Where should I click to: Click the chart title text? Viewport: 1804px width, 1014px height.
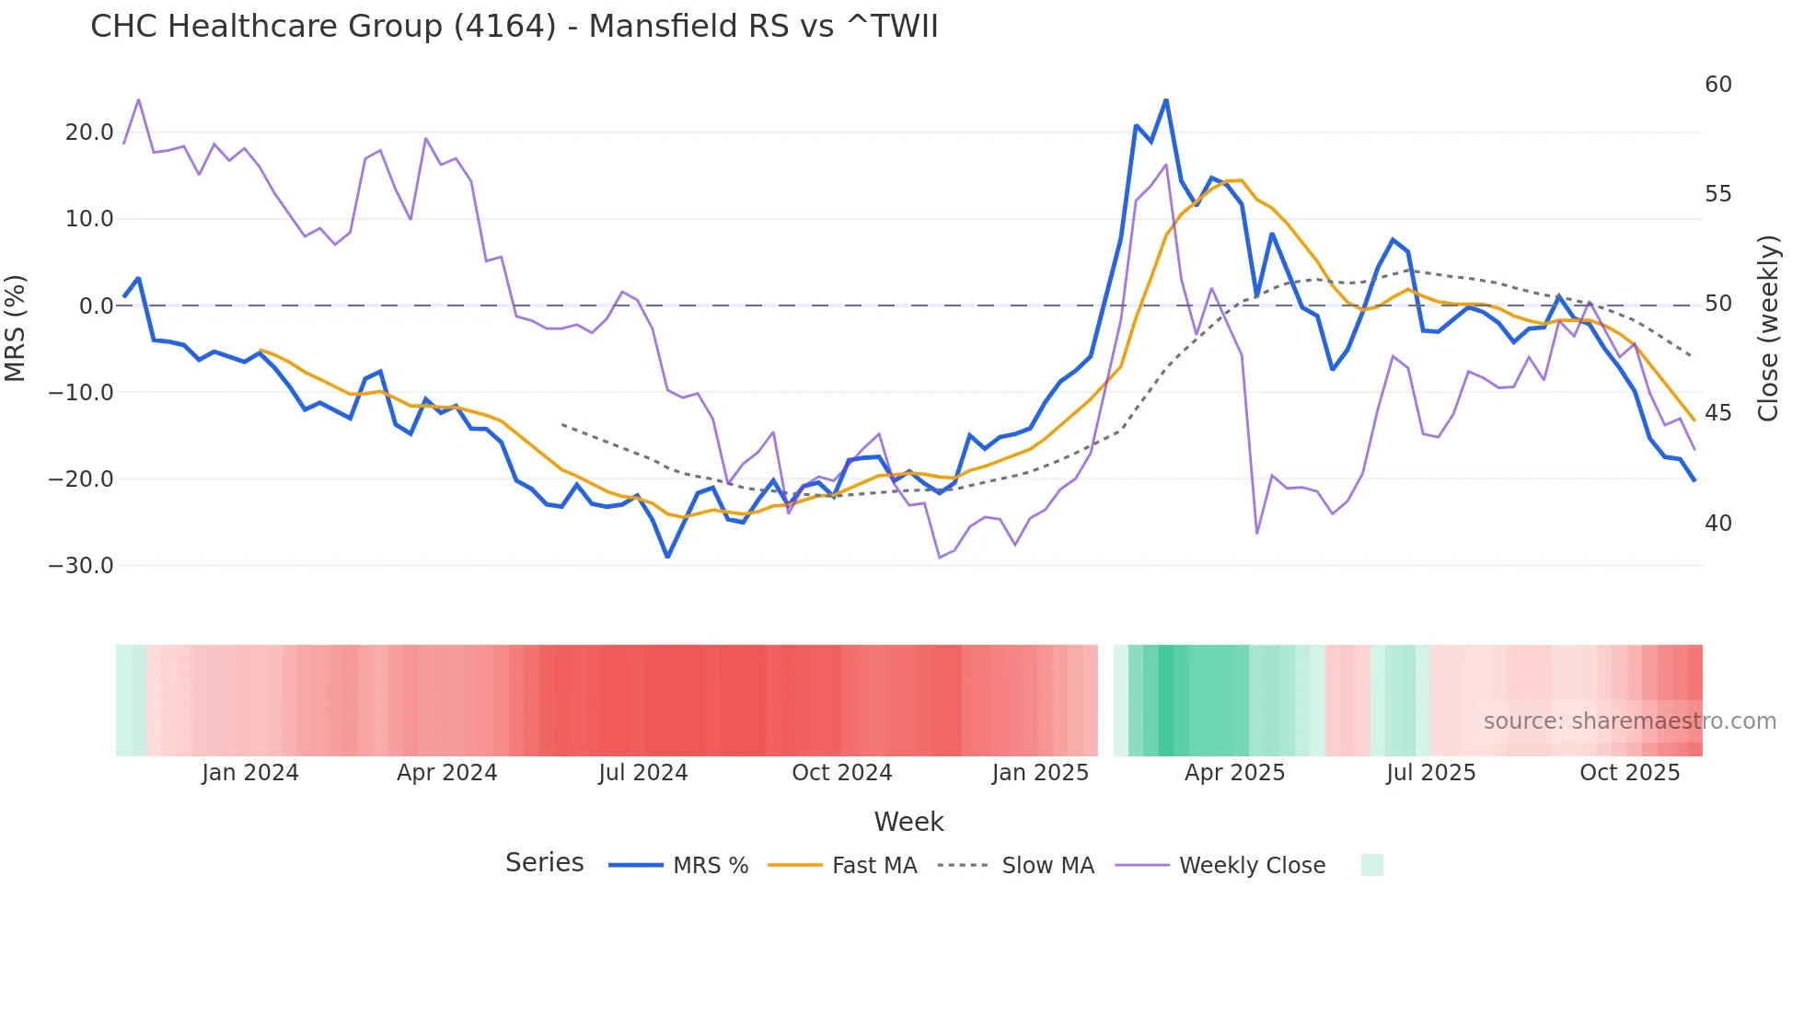pos(514,27)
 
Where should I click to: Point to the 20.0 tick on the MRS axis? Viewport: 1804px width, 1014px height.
pos(89,133)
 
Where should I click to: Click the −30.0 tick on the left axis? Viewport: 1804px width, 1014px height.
pos(81,566)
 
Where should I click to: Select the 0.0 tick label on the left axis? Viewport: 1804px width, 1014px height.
pos(96,306)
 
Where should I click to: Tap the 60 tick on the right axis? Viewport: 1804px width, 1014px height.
pos(1717,85)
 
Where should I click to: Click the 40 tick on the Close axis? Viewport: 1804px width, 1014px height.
pos(1717,524)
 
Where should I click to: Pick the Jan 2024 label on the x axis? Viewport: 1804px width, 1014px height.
pos(250,773)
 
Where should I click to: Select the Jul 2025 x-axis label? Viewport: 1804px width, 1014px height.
pos(1430,773)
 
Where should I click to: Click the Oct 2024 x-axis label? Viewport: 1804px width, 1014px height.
pos(841,773)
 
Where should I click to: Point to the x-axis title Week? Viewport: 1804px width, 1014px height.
pos(908,822)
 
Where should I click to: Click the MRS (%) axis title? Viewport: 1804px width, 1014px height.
pos(16,328)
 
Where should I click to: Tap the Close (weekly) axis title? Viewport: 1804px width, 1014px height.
pos(1768,328)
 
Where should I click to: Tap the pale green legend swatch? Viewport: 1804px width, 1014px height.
pos(1371,865)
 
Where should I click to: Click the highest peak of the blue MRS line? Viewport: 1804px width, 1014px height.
pos(1166,100)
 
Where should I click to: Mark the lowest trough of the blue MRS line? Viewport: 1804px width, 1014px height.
pos(668,557)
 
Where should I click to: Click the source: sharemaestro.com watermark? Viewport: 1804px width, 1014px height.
pos(1629,721)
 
